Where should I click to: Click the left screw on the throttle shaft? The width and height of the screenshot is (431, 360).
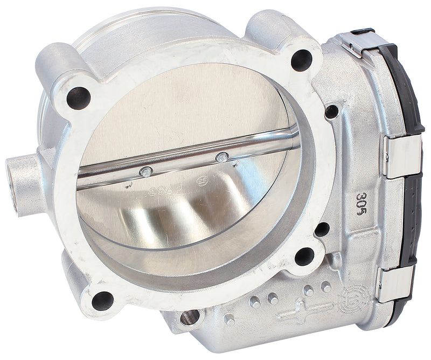[144, 172]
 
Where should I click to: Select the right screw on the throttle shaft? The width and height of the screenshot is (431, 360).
[221, 157]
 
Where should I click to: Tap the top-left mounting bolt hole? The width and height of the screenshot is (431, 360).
[79, 98]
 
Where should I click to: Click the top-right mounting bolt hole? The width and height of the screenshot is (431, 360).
[301, 60]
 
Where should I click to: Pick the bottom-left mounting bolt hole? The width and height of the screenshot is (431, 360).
[102, 300]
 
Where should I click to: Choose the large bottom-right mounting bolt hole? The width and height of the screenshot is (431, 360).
[305, 256]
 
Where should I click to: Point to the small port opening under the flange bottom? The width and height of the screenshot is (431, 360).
[190, 318]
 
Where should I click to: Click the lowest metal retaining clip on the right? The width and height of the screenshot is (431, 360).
[395, 282]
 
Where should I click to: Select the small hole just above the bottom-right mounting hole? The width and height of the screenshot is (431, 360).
[322, 229]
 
